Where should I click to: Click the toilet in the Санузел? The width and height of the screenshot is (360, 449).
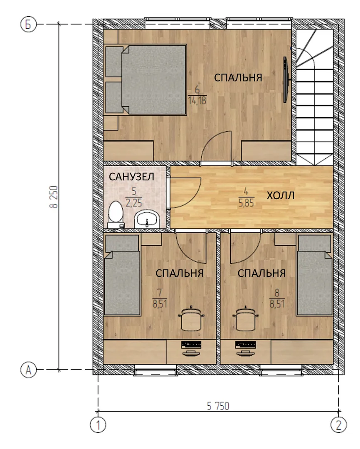116,215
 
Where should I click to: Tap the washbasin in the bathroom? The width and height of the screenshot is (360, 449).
147,220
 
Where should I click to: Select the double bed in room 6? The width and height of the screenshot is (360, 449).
146,79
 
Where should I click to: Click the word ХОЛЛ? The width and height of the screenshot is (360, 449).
280,195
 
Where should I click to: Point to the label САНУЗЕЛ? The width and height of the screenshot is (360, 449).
131,177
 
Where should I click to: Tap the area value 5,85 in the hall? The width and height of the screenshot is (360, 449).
246,203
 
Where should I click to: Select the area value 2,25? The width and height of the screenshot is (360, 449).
133,203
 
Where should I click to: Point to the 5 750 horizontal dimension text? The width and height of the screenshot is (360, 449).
218,406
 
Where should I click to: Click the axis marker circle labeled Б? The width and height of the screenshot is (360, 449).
28,25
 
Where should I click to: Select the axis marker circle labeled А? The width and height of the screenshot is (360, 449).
28,370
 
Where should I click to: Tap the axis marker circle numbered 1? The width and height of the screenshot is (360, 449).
98,425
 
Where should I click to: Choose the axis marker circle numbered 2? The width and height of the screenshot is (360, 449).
338,425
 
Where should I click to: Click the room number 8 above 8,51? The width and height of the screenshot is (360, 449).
277,293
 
